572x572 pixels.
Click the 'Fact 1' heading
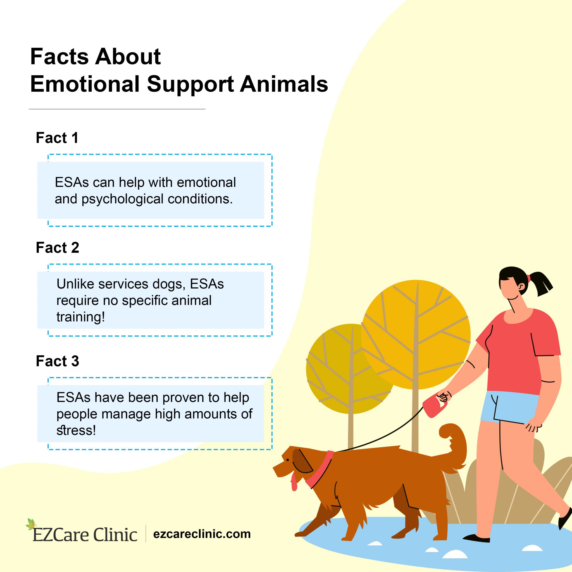pos(57,138)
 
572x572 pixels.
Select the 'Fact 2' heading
pos(58,248)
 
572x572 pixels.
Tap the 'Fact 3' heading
pos(58,361)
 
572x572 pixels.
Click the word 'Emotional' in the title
pos(85,84)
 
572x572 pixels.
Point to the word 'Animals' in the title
pos(284,84)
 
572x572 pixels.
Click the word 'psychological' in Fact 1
pos(123,199)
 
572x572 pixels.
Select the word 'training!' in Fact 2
pos(81,317)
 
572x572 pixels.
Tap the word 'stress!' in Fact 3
pos(76,430)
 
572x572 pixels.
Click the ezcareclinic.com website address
pos(202,534)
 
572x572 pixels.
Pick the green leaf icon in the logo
pos(31,524)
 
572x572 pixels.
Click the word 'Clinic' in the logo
pos(115,535)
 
